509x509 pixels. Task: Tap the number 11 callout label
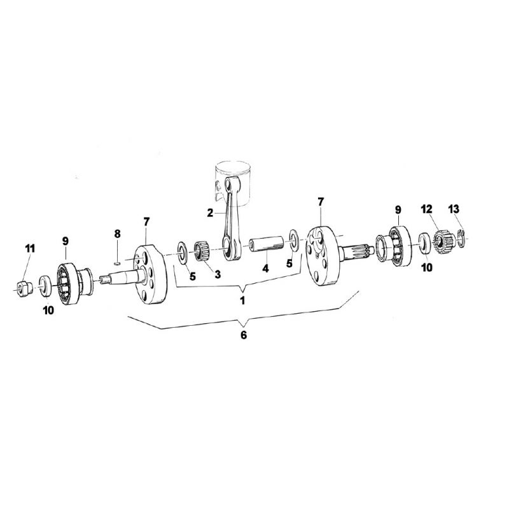(30, 249)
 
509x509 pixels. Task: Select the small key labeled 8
(118, 261)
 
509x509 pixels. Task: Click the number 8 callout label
(117, 234)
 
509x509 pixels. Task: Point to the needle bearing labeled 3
(202, 250)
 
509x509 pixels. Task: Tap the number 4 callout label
(265, 268)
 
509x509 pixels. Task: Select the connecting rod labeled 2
(230, 218)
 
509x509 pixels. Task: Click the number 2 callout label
(210, 213)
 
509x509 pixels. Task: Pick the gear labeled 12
(443, 242)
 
